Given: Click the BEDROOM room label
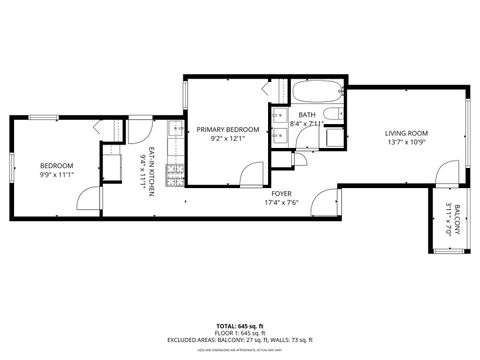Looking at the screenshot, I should pyautogui.click(x=56, y=165).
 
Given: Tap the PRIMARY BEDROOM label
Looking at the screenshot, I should pyautogui.click(x=227, y=130).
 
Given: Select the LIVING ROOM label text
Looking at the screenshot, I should pyautogui.click(x=407, y=133).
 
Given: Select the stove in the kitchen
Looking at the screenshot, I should pyautogui.click(x=174, y=177).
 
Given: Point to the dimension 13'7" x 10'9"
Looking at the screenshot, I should pyautogui.click(x=407, y=142).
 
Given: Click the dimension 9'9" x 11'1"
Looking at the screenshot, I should pyautogui.click(x=56, y=174).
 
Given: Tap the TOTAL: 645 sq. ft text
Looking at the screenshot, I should pyautogui.click(x=240, y=326).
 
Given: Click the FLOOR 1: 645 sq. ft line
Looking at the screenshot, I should pyautogui.click(x=240, y=333).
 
